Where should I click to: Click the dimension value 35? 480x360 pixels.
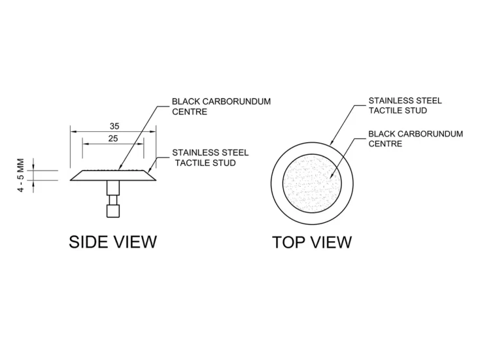tap(114, 126)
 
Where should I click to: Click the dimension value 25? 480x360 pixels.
tap(113, 139)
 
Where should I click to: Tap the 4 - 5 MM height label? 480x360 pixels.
tap(20, 175)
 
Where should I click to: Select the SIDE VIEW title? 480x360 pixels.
tap(112, 242)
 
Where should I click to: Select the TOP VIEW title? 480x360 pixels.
tap(312, 242)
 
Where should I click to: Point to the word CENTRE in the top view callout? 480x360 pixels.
tap(385, 144)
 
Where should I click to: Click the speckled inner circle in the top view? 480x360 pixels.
tap(312, 184)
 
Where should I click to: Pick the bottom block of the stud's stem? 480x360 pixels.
tap(113, 211)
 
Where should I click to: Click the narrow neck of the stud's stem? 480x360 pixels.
tap(113, 200)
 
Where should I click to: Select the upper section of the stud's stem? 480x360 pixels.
tap(113, 188)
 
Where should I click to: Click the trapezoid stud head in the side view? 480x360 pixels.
tap(113, 175)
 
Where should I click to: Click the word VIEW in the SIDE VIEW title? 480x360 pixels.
tap(135, 242)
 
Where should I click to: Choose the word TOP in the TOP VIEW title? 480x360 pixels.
tap(286, 242)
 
